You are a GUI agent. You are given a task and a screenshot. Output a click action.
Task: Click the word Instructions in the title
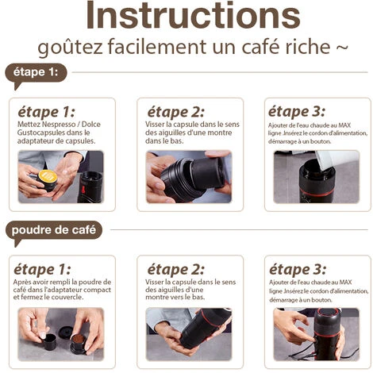coord(193,15)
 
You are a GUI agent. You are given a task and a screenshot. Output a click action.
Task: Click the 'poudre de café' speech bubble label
coord(54,233)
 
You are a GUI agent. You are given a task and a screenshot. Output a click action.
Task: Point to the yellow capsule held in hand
coord(48,177)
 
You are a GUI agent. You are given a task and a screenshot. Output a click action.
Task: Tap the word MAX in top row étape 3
coord(344,125)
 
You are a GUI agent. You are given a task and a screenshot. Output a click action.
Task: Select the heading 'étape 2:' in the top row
coord(176,112)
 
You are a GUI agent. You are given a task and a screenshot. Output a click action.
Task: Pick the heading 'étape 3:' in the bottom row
coord(298,270)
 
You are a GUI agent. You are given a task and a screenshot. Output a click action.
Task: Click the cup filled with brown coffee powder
coord(79,343)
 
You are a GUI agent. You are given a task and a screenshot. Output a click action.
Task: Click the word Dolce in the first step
coord(91,125)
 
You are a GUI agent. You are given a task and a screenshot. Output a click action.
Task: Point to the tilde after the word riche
coord(342,47)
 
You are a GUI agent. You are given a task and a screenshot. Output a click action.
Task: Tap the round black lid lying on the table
coord(65,332)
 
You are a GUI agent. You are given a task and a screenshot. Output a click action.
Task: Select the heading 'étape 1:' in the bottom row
coord(42,270)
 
